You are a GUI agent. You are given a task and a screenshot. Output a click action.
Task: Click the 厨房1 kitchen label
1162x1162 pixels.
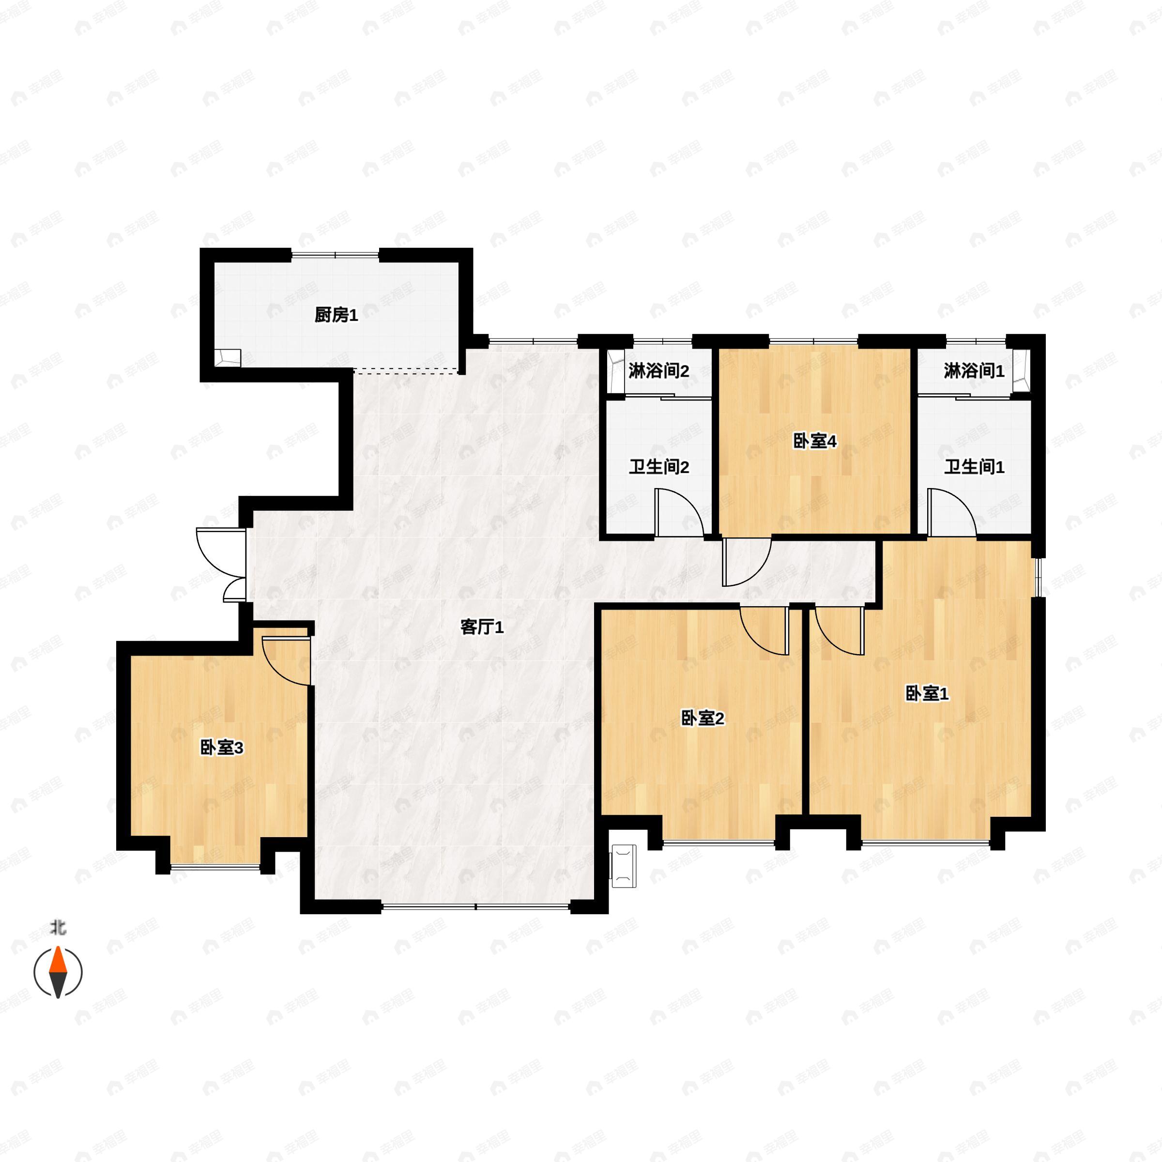pyautogui.click(x=336, y=315)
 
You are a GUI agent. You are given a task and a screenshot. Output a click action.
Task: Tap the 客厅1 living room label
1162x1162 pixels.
pyautogui.click(x=482, y=627)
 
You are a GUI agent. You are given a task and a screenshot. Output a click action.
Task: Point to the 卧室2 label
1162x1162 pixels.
pyautogui.click(x=703, y=718)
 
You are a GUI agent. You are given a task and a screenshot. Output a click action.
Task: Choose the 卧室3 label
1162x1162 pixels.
pyautogui.click(x=221, y=748)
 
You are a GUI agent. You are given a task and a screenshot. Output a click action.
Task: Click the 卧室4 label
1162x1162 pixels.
pyautogui.click(x=815, y=442)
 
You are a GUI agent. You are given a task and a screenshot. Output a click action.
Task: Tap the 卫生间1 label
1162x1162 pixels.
pyautogui.click(x=974, y=467)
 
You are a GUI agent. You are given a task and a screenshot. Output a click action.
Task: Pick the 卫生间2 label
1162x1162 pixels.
pyautogui.click(x=658, y=467)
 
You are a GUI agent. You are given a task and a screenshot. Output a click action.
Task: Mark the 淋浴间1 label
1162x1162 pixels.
pyautogui.click(x=974, y=371)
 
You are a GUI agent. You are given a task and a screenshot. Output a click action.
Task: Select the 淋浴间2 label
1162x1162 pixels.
pyautogui.click(x=658, y=371)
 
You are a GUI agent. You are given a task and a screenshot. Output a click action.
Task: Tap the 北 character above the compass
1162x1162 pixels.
pyautogui.click(x=58, y=929)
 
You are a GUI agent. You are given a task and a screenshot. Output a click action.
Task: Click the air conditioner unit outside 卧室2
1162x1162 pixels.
pyautogui.click(x=624, y=867)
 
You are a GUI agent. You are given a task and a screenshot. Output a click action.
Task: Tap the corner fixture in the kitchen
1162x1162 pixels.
pyautogui.click(x=229, y=358)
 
